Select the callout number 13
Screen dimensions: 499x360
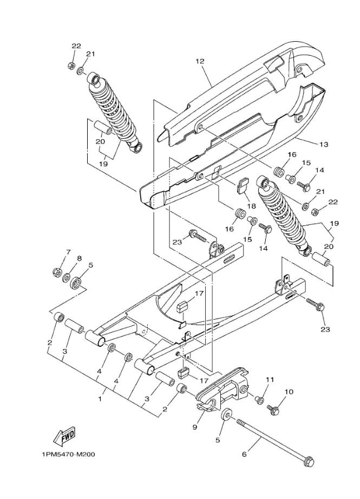click(x=324, y=144)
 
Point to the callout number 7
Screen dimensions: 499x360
click(x=68, y=252)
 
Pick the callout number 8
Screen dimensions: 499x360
click(x=79, y=258)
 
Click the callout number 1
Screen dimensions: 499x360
click(x=100, y=398)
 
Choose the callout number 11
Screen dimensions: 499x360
click(x=270, y=379)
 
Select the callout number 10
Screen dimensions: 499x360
click(x=288, y=391)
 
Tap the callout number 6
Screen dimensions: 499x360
click(x=244, y=454)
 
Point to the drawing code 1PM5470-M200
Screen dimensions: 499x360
click(x=68, y=454)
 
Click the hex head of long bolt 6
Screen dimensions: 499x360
click(x=309, y=462)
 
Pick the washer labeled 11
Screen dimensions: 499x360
click(x=259, y=400)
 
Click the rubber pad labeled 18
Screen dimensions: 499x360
click(x=241, y=185)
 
